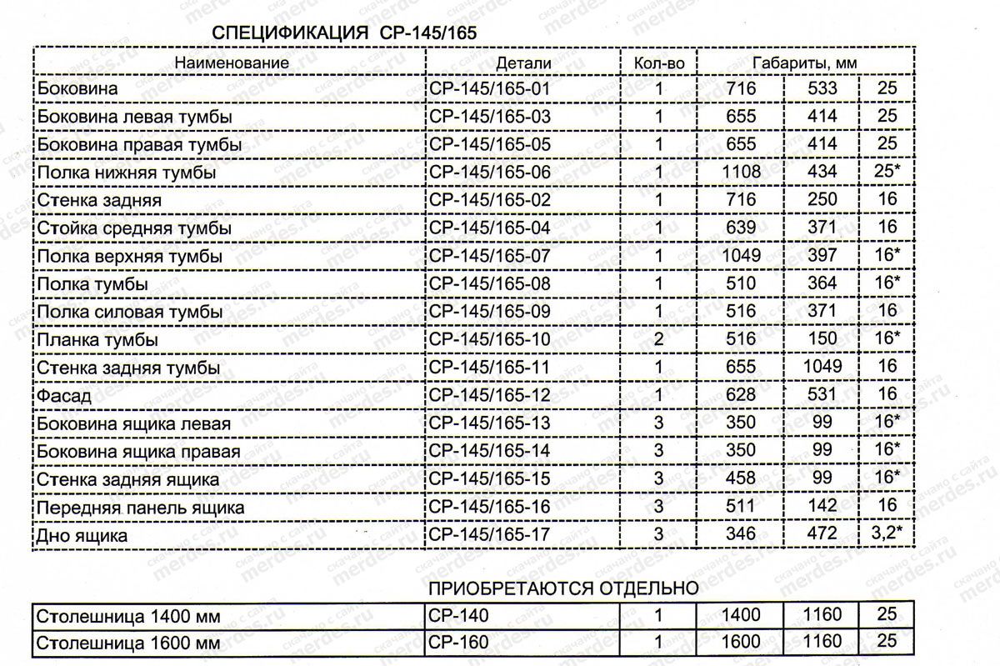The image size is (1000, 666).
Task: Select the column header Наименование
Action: pos(232,63)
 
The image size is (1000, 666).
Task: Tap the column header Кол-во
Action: pos(659,63)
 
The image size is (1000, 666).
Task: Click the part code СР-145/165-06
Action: pos(490,173)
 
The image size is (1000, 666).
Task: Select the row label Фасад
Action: pos(63,396)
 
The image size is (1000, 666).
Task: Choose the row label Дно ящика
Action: pos(82,536)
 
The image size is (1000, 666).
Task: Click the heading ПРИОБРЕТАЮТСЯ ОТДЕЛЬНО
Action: pos(563,588)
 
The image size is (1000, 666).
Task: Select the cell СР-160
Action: pos(460,643)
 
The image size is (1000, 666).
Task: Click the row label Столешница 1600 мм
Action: pos(129,643)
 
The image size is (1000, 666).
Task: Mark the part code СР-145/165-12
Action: pos(490,395)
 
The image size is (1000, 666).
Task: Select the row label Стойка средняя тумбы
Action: pos(134,228)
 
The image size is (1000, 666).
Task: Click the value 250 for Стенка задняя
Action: pos(822,200)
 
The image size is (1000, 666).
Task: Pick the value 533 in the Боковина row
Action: pos(822,88)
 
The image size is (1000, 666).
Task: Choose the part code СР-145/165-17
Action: pos(490,534)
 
